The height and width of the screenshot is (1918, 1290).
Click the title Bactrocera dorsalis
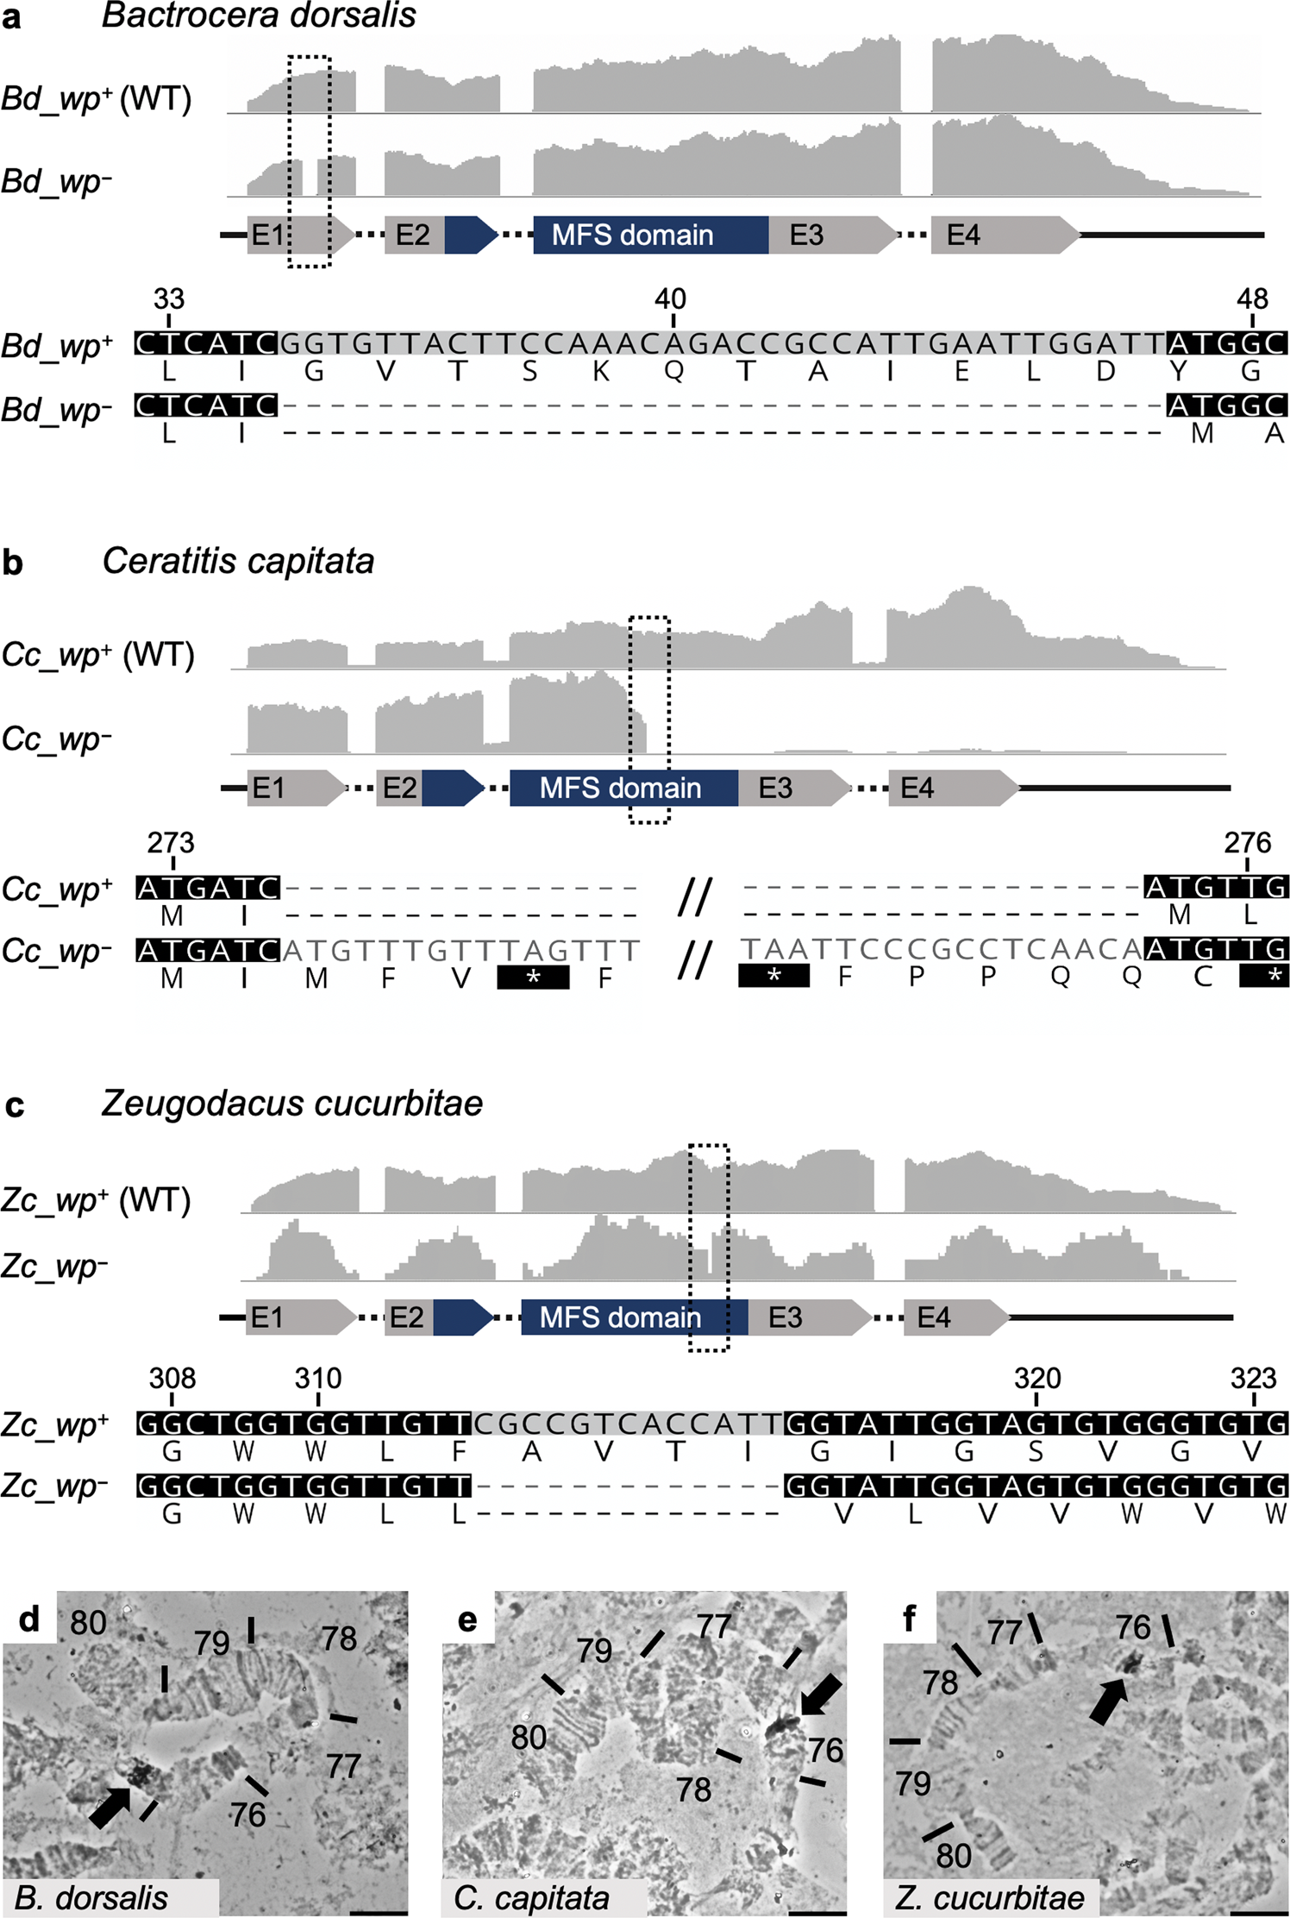259,16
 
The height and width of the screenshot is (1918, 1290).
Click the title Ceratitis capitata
238,562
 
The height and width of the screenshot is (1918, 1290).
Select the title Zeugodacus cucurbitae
291,1104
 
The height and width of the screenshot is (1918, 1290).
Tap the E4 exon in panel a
1000,236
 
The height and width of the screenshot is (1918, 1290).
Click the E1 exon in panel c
297,1317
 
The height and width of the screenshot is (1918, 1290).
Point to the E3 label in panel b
775,788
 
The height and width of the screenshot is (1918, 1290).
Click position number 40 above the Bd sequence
670,299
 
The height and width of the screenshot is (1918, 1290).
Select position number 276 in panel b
1247,843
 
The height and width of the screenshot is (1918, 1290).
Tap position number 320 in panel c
1036,1379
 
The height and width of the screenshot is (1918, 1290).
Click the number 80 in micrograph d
88,1623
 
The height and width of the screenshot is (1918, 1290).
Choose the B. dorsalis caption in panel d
91,1897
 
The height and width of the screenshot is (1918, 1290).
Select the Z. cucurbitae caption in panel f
989,1897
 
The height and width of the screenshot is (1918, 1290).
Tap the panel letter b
13,563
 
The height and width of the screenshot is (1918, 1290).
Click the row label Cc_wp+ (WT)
97,655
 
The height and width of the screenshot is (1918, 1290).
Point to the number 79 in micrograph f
913,1783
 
